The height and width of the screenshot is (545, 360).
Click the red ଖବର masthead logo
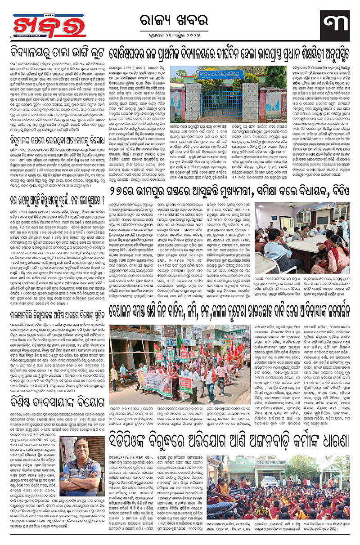tap(44, 26)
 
